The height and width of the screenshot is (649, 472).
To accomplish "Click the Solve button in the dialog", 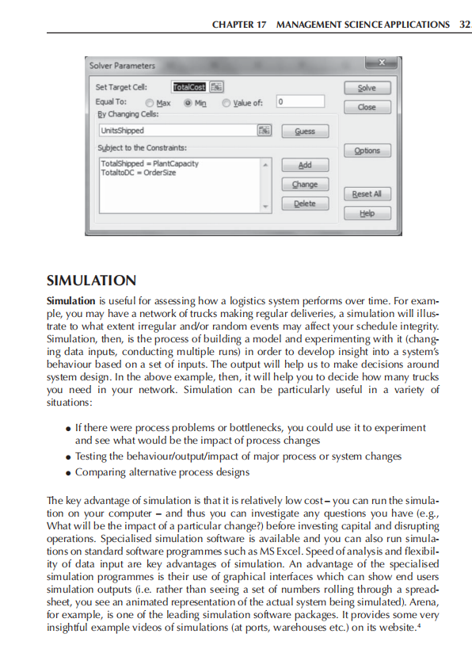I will pos(367,88).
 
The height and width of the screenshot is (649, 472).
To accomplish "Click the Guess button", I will pos(305,131).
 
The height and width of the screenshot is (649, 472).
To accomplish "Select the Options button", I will pos(367,151).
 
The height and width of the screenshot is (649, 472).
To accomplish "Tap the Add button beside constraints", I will pos(305,165).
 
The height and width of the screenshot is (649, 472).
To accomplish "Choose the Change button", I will pos(305,184).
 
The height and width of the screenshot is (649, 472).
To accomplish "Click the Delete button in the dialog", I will pos(305,204).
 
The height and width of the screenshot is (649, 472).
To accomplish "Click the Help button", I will pos(367,213).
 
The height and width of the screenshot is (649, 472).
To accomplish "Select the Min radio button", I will pos(188,102).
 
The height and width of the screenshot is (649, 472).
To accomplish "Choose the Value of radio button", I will pos(226,102).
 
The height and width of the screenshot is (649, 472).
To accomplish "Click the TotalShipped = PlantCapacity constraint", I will pos(149,163).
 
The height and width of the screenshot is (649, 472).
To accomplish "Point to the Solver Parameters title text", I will pos(123,65).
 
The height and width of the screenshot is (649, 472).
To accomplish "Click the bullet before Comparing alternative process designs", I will pos(69,472).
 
